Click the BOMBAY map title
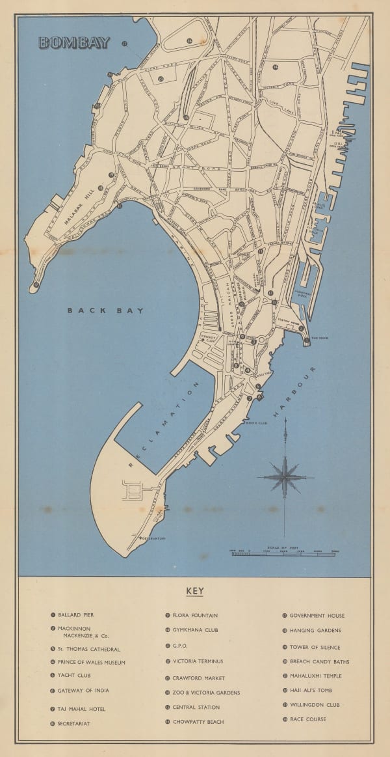tap(66, 43)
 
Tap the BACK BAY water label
tap(105, 310)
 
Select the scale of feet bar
tap(283, 553)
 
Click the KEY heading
tap(195, 592)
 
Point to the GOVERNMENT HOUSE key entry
tap(317, 615)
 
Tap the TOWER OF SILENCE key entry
tap(315, 647)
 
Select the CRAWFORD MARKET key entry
tap(198, 678)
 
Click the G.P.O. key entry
tap(180, 646)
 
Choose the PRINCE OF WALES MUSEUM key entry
tap(91, 663)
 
